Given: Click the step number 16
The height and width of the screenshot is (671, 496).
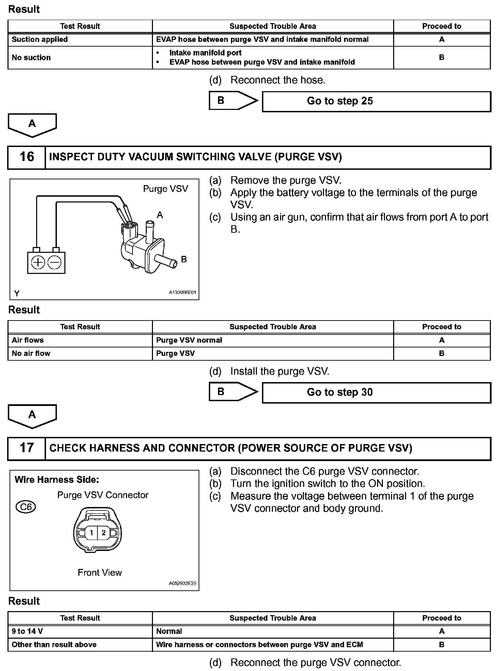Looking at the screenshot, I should click(x=27, y=157).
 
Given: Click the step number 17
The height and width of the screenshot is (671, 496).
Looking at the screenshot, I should click(x=27, y=448).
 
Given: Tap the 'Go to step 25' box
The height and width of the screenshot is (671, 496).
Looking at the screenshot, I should click(x=376, y=101).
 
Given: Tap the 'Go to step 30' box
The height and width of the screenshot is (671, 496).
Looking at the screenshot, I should click(x=376, y=392).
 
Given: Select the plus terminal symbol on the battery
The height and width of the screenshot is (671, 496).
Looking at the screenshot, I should click(x=38, y=263).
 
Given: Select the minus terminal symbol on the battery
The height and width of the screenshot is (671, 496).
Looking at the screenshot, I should click(x=55, y=263).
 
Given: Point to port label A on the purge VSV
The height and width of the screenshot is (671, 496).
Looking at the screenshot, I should click(x=160, y=215).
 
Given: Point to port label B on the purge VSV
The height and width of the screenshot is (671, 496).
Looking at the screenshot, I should click(x=184, y=260).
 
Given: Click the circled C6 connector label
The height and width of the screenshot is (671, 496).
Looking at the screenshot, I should click(x=26, y=507).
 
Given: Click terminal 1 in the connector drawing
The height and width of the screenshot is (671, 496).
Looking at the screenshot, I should click(x=91, y=533).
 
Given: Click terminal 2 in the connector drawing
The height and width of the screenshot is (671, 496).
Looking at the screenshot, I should click(x=104, y=533).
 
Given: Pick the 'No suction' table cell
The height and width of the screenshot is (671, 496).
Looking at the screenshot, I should click(x=31, y=58).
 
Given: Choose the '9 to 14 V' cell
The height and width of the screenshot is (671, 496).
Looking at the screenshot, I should click(x=27, y=631).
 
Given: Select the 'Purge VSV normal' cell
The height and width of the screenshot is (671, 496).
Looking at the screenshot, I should click(x=189, y=340).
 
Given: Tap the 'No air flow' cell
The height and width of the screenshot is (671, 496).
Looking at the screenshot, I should click(x=31, y=353).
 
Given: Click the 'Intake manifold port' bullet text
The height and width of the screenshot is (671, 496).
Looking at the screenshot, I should click(x=205, y=53).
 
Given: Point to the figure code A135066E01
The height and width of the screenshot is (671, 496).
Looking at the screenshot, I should click(x=183, y=292).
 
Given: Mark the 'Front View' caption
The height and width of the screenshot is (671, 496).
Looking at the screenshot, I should click(x=99, y=573).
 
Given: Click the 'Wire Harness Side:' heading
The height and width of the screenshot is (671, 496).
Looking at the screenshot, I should click(x=57, y=480).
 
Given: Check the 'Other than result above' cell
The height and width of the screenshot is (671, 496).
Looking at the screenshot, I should click(x=54, y=644).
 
